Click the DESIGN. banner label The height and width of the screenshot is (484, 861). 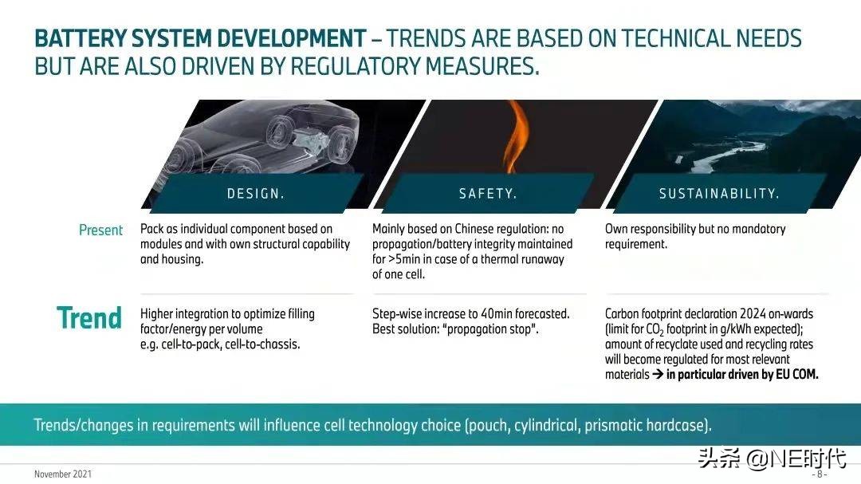(x=255, y=194)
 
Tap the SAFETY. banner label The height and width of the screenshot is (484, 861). (x=488, y=194)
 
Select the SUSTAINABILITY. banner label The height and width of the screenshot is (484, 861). (x=719, y=194)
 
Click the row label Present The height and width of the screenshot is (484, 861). (x=100, y=230)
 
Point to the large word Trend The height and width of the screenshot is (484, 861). (x=89, y=317)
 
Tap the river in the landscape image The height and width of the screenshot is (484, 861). (x=717, y=155)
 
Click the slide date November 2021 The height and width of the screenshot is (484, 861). (x=63, y=474)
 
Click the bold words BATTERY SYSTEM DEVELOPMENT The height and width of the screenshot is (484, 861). (x=199, y=38)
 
